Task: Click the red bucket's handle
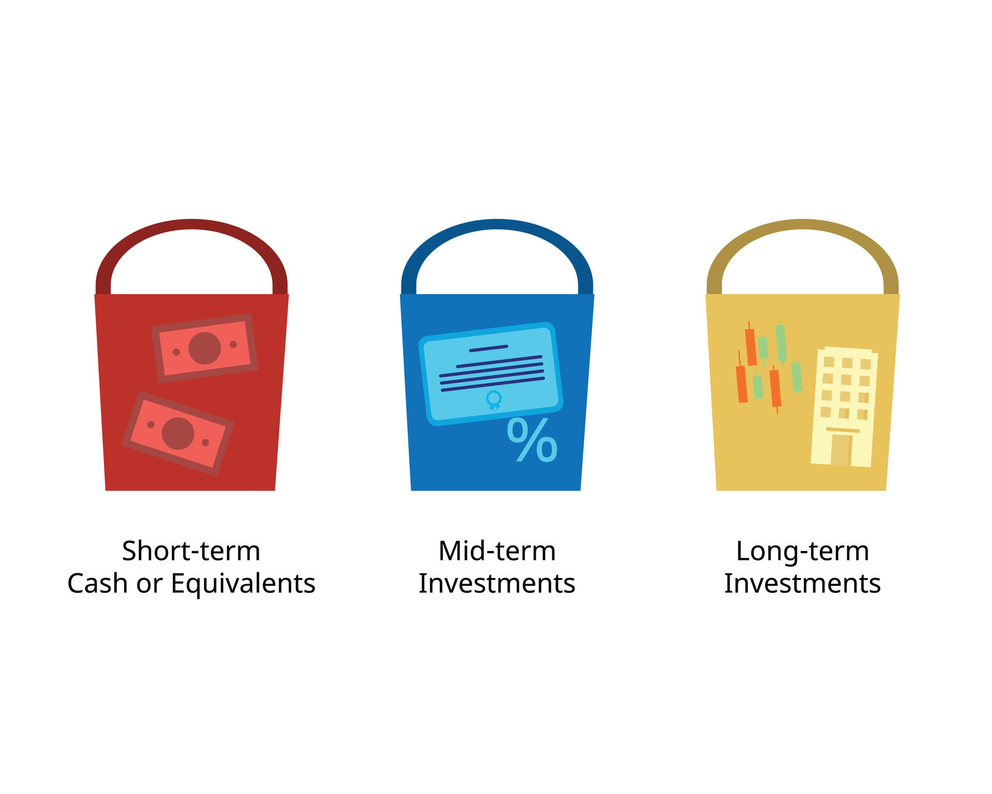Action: [x=191, y=224]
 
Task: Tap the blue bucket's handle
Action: [x=497, y=224]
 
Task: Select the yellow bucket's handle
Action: [x=802, y=224]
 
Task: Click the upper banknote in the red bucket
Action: [x=205, y=348]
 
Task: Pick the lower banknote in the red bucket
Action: [x=178, y=433]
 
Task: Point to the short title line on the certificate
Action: [x=488, y=348]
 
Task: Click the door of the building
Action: [x=841, y=450]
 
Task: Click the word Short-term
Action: [x=191, y=551]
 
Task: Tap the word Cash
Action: [x=98, y=584]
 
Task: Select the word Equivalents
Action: [x=243, y=584]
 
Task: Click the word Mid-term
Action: [x=497, y=551]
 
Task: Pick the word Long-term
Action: [x=802, y=551]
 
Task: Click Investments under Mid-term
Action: [x=497, y=584]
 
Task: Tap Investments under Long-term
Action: [x=802, y=584]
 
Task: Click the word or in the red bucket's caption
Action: [x=149, y=584]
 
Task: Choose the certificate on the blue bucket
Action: [x=491, y=373]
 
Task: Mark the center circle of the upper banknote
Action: [x=205, y=348]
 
